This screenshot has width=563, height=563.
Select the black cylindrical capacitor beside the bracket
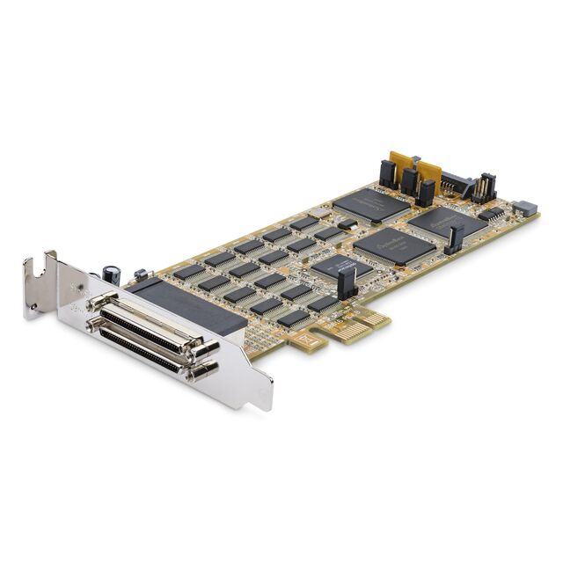112,275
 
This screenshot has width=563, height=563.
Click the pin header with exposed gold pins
484,186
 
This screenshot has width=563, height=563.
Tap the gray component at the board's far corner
525,208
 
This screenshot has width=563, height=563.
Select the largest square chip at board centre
395,245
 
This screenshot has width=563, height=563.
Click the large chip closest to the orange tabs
370,205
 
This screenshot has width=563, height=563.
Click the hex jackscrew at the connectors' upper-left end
93,302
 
